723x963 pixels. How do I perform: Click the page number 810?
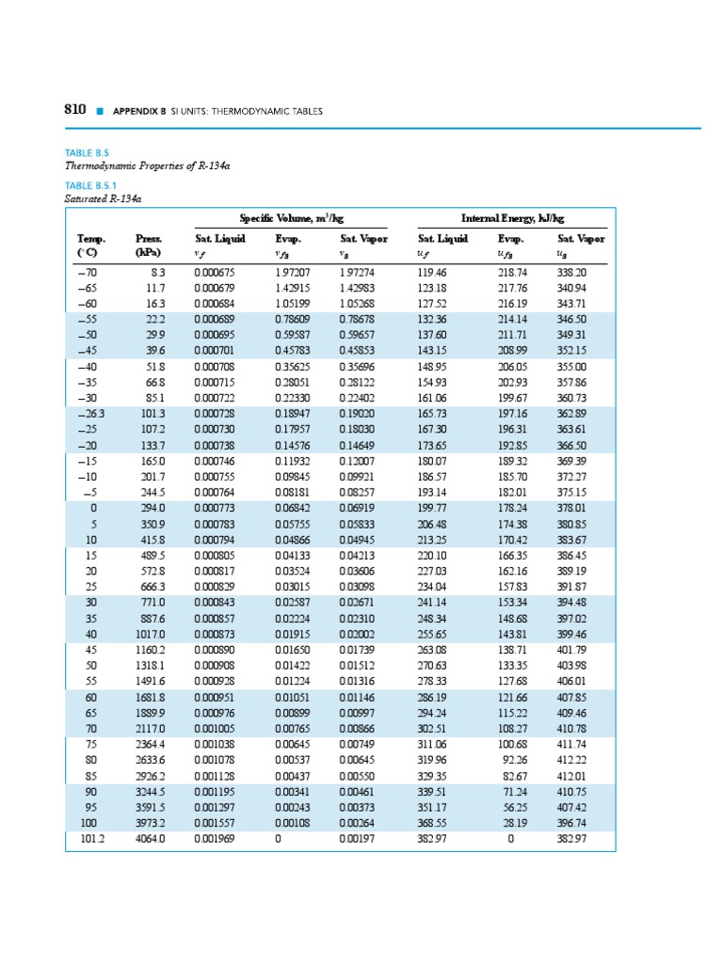[75, 110]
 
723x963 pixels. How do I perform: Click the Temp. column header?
[92, 239]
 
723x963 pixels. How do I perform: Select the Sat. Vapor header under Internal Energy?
[581, 239]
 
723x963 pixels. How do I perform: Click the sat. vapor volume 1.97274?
[357, 272]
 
